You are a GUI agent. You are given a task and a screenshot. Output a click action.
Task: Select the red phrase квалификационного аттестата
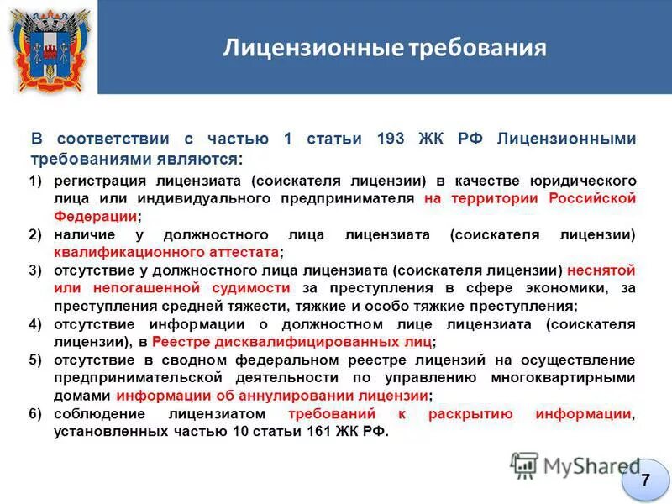click(165, 252)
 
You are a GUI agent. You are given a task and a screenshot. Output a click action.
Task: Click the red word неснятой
click(601, 270)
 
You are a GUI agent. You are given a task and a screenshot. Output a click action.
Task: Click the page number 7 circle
click(644, 480)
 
